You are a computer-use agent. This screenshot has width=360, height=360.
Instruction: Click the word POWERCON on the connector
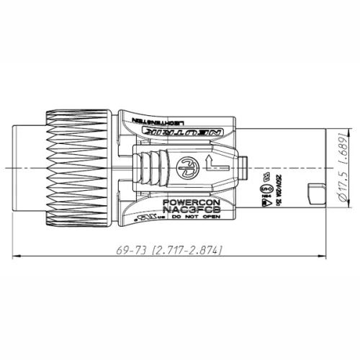189,203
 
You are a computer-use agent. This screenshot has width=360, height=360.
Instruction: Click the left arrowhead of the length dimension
19,256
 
